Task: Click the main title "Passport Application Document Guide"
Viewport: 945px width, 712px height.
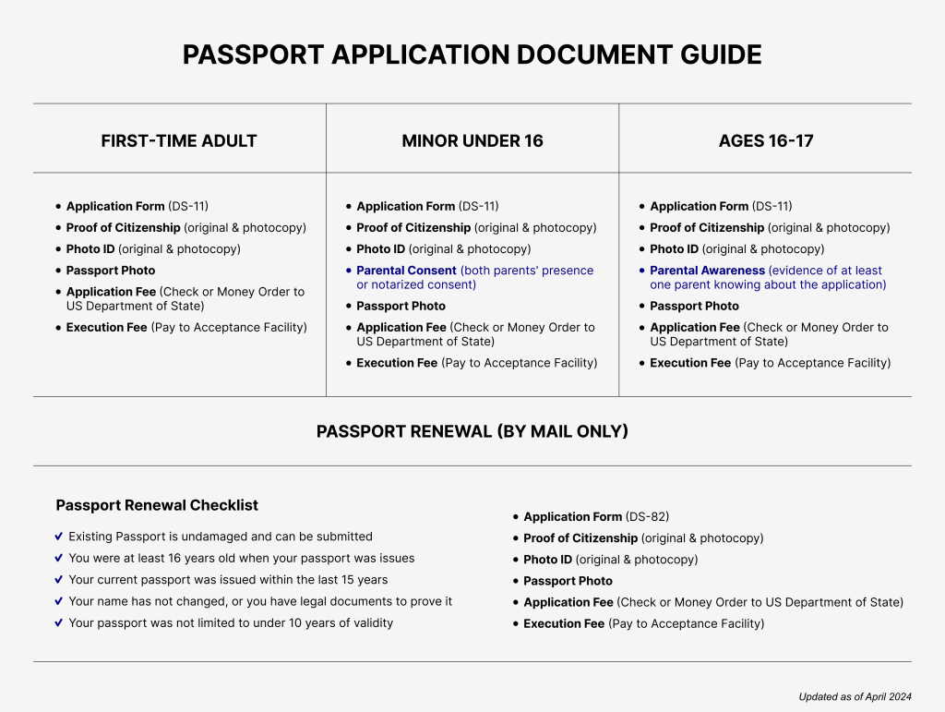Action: click(472, 54)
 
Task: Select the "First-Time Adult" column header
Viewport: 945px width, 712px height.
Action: click(179, 141)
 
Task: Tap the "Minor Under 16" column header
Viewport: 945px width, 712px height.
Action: click(472, 141)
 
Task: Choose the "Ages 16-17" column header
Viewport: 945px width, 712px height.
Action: click(766, 141)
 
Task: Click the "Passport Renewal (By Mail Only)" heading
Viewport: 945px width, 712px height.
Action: click(472, 431)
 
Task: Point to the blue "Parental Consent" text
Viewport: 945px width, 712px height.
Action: click(407, 271)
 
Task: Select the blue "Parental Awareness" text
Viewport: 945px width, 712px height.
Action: click(707, 271)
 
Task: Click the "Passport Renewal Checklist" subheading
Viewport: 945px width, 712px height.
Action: click(157, 505)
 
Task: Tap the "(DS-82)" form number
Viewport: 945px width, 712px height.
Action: click(647, 517)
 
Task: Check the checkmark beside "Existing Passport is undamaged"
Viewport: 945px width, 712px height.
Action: click(59, 537)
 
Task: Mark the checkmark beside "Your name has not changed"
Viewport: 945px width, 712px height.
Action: click(59, 601)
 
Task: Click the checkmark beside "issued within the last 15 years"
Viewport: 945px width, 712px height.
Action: click(59, 580)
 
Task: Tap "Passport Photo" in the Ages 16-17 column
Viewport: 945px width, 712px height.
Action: click(694, 307)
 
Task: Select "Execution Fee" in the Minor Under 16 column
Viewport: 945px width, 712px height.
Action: click(397, 363)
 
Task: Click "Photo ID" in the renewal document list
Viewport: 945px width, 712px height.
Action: click(547, 560)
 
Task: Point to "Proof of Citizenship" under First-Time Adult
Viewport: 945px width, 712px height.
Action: click(123, 228)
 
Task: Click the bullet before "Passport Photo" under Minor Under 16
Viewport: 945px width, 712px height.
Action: click(349, 307)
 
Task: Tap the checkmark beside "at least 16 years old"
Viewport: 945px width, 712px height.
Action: click(59, 559)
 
